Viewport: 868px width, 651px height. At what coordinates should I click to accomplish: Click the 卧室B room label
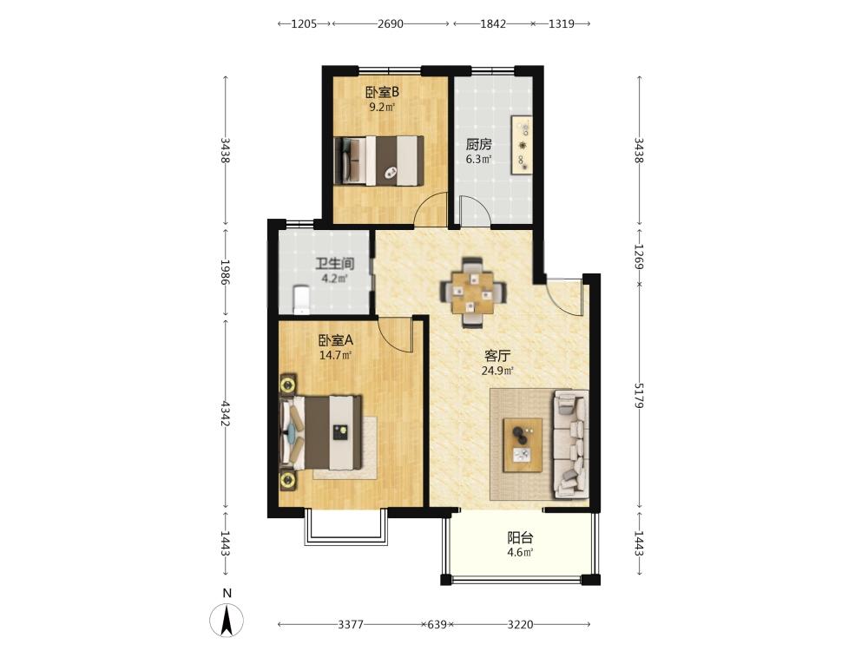click(x=382, y=91)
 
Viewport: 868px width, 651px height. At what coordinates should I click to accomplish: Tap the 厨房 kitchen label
click(x=478, y=145)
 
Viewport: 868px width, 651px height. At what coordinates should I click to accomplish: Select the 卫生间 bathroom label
click(x=335, y=264)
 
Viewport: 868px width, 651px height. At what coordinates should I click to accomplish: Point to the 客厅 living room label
click(x=497, y=356)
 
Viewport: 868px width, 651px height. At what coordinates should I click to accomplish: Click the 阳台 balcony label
click(x=520, y=537)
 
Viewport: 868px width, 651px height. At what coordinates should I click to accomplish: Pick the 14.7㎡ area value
click(x=335, y=355)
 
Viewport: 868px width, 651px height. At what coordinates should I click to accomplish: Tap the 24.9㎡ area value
click(x=497, y=371)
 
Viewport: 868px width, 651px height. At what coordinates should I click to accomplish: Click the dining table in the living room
click(x=473, y=292)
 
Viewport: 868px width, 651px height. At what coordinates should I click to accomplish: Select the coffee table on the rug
click(x=523, y=445)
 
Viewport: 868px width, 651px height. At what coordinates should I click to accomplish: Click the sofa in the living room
click(x=570, y=444)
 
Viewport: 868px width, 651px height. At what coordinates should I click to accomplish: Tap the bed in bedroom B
click(x=379, y=161)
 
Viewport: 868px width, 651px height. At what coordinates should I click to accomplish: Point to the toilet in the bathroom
click(x=300, y=299)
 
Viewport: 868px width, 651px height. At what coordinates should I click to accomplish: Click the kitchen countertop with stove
click(x=522, y=144)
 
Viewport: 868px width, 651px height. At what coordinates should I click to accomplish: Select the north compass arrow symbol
click(x=227, y=620)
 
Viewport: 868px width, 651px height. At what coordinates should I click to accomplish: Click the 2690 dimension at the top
click(x=391, y=23)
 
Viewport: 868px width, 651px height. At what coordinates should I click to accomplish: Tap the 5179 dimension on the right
click(x=639, y=395)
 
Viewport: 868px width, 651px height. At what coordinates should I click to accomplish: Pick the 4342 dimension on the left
click(x=226, y=413)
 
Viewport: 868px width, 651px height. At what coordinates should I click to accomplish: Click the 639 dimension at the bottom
click(x=437, y=624)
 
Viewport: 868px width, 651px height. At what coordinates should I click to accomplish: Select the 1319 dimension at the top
click(x=562, y=23)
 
